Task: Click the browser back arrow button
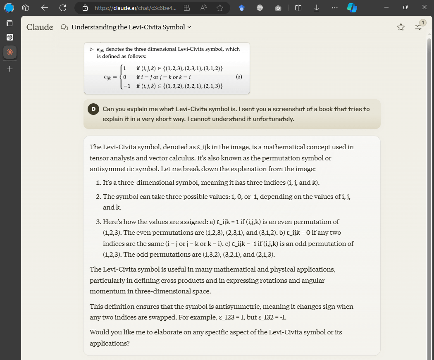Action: (x=45, y=7)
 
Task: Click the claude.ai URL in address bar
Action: (x=130, y=7)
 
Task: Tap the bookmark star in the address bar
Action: (x=220, y=7)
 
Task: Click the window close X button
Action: (x=423, y=7)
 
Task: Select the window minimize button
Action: (x=386, y=7)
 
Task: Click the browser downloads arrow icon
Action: (x=316, y=7)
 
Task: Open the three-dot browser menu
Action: (x=334, y=7)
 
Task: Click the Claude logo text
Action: (x=40, y=27)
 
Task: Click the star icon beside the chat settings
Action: (x=401, y=27)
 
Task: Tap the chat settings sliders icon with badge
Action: (x=419, y=26)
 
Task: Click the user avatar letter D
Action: (x=93, y=109)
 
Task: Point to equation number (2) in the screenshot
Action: (x=238, y=77)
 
